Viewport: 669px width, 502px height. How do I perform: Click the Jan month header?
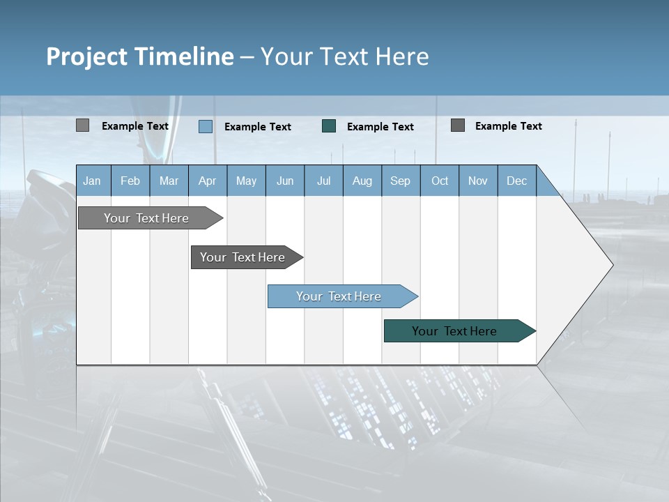[92, 181]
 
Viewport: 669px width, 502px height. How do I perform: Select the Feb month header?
[130, 181]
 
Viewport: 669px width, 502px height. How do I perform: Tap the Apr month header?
[207, 181]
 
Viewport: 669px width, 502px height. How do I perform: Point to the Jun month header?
[285, 181]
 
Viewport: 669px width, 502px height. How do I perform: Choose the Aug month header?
[362, 181]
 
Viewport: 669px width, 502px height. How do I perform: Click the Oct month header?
[440, 181]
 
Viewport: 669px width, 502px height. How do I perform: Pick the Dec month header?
[516, 181]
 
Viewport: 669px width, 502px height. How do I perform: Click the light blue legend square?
[206, 126]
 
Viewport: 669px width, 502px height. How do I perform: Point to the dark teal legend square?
[329, 125]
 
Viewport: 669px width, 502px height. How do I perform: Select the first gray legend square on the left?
[83, 125]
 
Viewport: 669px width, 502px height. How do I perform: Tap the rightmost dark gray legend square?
[458, 125]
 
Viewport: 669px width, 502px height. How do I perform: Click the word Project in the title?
[86, 56]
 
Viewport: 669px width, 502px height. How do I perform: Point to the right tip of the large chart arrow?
[611, 264]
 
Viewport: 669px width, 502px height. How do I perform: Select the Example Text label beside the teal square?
[380, 127]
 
